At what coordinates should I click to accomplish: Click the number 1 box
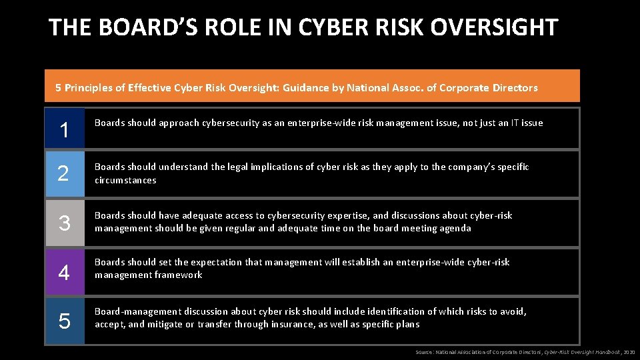(65, 128)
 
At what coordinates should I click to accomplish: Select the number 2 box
(65, 174)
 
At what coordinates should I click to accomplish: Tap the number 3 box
(65, 223)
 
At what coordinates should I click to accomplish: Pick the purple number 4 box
(65, 272)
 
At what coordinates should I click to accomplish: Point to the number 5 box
(65, 321)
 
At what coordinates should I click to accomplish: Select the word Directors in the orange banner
(514, 87)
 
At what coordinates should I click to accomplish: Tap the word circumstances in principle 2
(125, 180)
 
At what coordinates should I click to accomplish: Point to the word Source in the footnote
(423, 352)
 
